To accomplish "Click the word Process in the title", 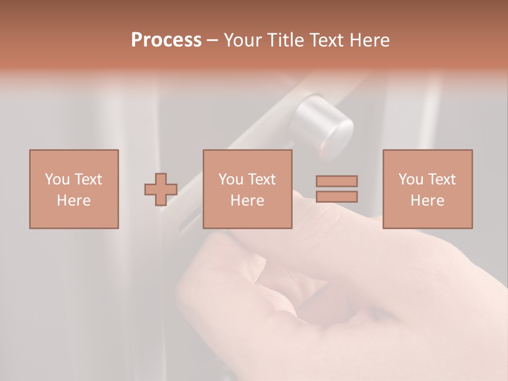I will (x=166, y=40).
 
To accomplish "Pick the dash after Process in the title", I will (x=213, y=41).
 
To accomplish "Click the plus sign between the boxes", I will (x=161, y=189).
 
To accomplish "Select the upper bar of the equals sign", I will (x=337, y=181).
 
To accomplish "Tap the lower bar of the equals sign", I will (x=337, y=197).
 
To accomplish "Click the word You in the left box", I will (x=57, y=179).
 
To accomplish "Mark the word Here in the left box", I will (x=74, y=201).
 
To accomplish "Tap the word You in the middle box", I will (x=231, y=179).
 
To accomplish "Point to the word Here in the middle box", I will (x=247, y=201).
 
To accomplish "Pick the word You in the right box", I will (x=411, y=179).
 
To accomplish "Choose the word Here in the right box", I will (x=427, y=201).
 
